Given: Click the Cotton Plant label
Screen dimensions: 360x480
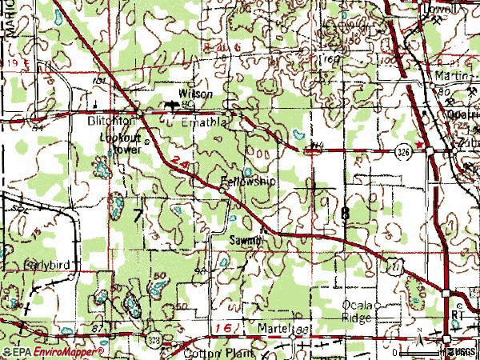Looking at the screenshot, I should click(218, 353).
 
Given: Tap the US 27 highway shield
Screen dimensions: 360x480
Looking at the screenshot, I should click(394, 264).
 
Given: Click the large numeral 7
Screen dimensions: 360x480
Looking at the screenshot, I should click(138, 214).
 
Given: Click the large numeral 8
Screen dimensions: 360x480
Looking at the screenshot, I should click(345, 214).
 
